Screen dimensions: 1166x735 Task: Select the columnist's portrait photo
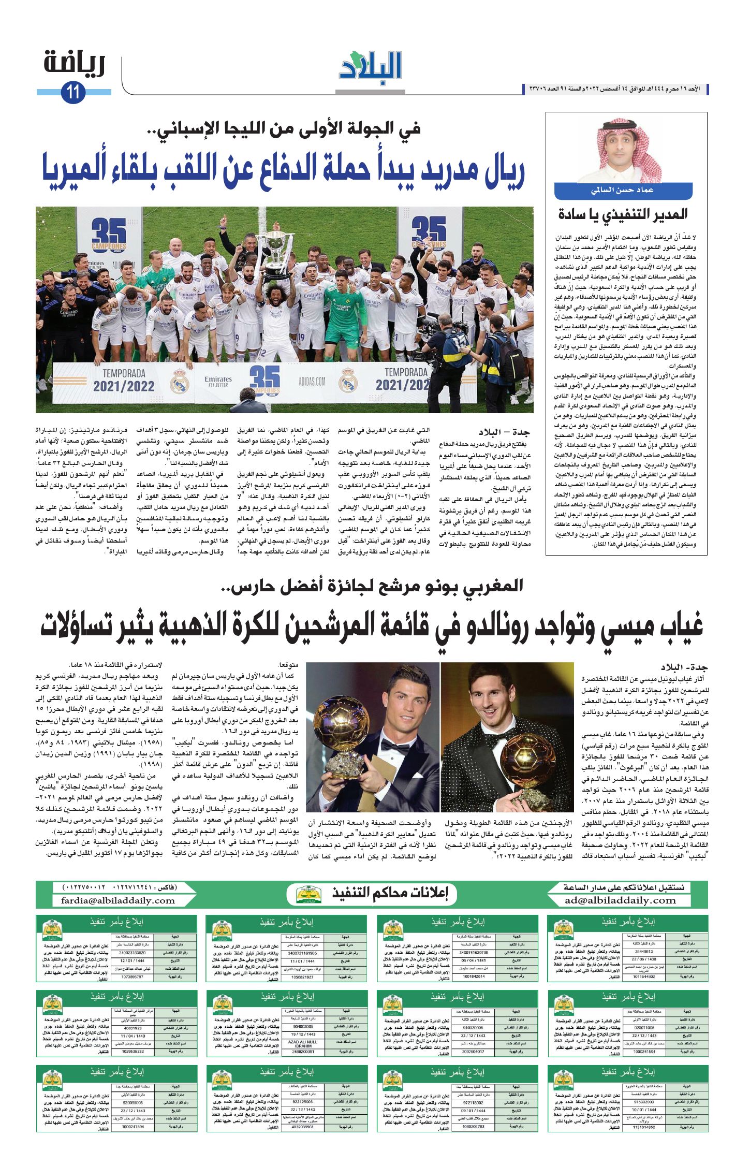[624, 151]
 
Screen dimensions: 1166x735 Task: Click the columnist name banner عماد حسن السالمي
[623, 191]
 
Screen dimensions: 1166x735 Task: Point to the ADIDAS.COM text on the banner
[312, 382]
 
